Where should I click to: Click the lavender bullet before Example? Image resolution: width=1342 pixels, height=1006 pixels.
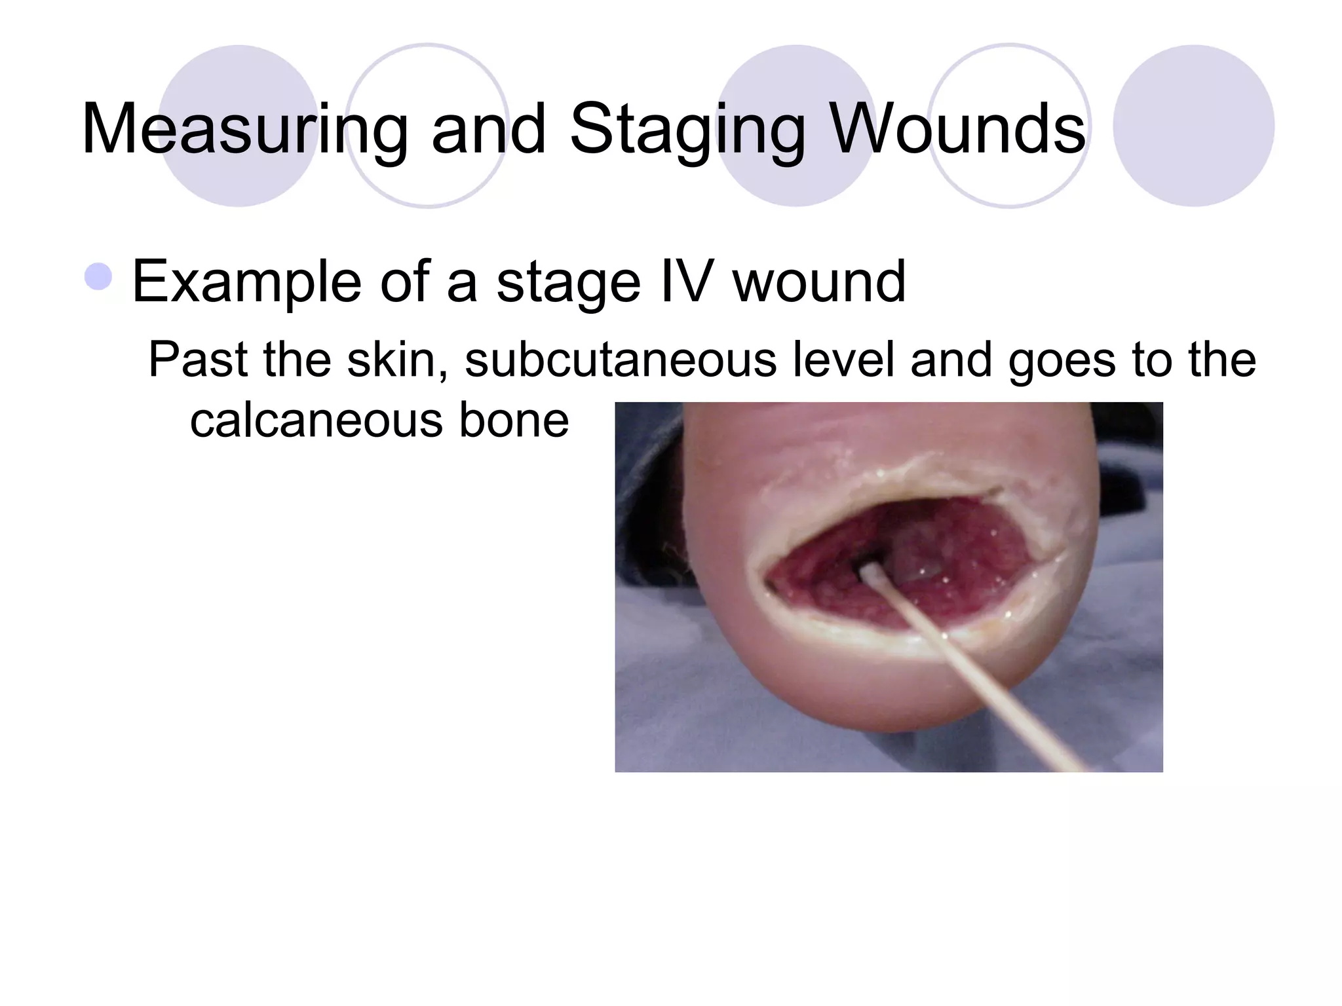pos(99,276)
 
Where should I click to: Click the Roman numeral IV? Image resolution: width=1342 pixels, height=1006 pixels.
pos(686,282)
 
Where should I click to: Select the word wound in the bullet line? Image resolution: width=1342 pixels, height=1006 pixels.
pos(819,282)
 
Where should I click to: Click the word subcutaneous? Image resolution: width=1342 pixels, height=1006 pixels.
pos(620,360)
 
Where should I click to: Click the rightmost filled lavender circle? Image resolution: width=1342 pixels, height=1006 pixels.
pos(1193,126)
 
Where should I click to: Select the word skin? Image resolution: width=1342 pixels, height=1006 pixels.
pos(397,360)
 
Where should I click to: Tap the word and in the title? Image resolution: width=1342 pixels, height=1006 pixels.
pos(489,130)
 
